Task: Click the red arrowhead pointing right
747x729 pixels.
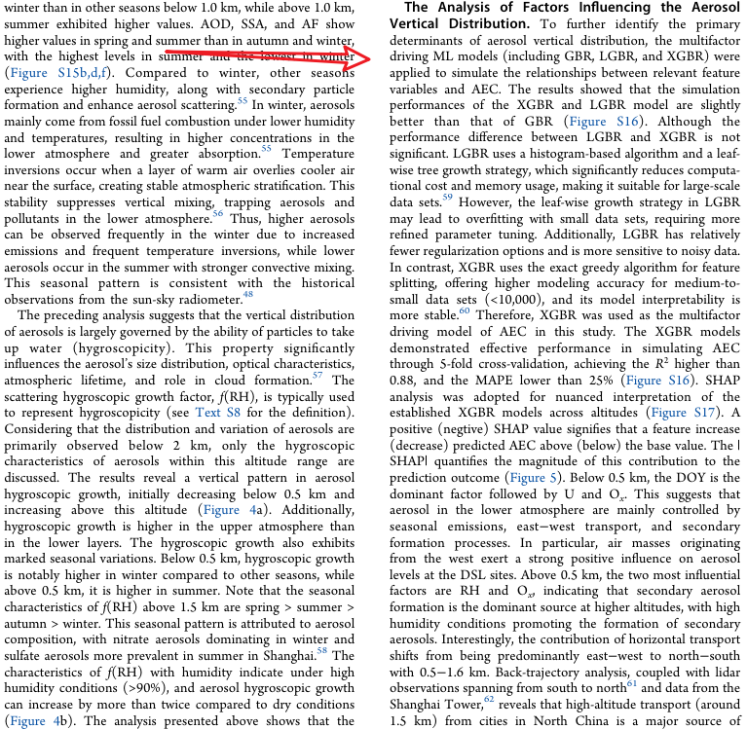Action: pyautogui.click(x=360, y=57)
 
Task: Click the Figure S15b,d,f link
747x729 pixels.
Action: pyautogui.click(x=56, y=74)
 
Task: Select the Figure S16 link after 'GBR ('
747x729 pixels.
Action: pyautogui.click(x=602, y=122)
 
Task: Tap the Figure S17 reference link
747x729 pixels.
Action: pyautogui.click(x=686, y=413)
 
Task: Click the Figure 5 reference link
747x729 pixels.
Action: pyautogui.click(x=534, y=478)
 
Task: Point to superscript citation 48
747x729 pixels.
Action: pyautogui.click(x=248, y=294)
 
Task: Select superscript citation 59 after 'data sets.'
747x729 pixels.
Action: pyautogui.click(x=447, y=198)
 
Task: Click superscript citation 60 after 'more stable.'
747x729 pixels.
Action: pyautogui.click(x=465, y=311)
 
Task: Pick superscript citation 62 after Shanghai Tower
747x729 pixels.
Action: pyautogui.click(x=489, y=699)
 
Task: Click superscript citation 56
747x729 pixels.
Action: pyautogui.click(x=217, y=214)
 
